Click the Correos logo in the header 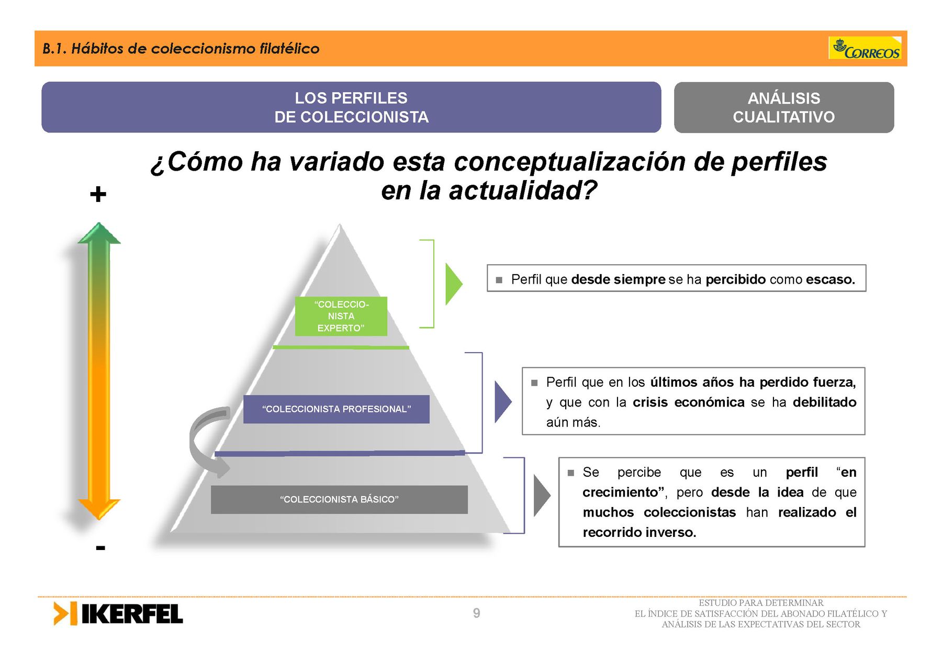pyautogui.click(x=865, y=48)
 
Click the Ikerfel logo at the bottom pyautogui.click(x=118, y=613)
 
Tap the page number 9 pyautogui.click(x=476, y=613)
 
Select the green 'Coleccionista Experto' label pyautogui.click(x=341, y=316)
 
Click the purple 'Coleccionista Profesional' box pyautogui.click(x=337, y=409)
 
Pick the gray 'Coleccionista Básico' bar pyautogui.click(x=339, y=500)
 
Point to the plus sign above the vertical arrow pyautogui.click(x=98, y=195)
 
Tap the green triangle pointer pyautogui.click(x=453, y=284)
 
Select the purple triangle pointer pyautogui.click(x=503, y=402)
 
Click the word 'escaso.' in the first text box pyautogui.click(x=831, y=279)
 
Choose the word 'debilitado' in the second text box pyautogui.click(x=825, y=402)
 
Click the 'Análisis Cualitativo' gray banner pyautogui.click(x=784, y=107)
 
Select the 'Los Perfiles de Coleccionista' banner pyautogui.click(x=351, y=107)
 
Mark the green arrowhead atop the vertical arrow pyautogui.click(x=99, y=233)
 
